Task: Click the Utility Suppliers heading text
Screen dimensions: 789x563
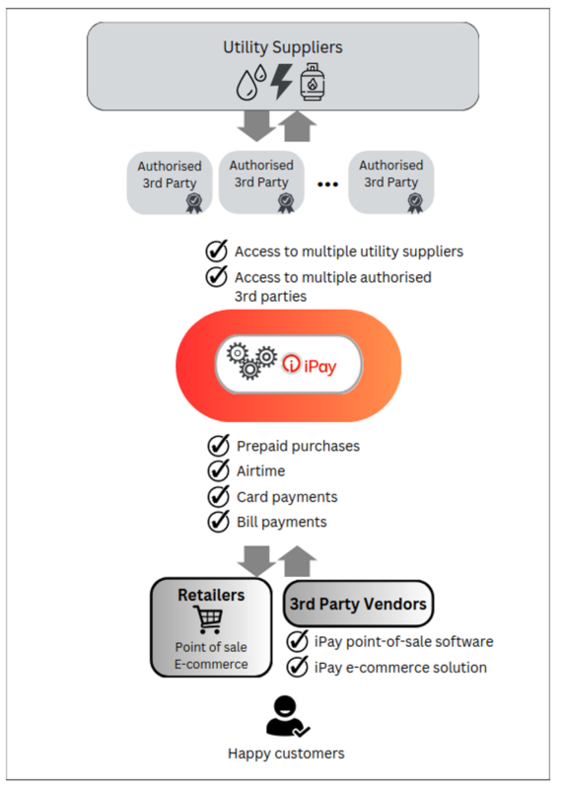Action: click(283, 46)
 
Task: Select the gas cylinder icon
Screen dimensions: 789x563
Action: click(313, 84)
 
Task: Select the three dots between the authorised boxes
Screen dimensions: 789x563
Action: click(328, 182)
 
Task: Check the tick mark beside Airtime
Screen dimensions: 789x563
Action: click(218, 471)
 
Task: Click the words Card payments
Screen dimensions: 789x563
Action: click(287, 496)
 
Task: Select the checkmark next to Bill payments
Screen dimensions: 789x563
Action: click(218, 522)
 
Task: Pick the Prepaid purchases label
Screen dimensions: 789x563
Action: click(298, 446)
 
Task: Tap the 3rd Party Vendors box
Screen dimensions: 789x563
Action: click(358, 603)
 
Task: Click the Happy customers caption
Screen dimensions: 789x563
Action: click(286, 753)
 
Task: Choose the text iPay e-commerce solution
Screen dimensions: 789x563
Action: click(400, 668)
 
